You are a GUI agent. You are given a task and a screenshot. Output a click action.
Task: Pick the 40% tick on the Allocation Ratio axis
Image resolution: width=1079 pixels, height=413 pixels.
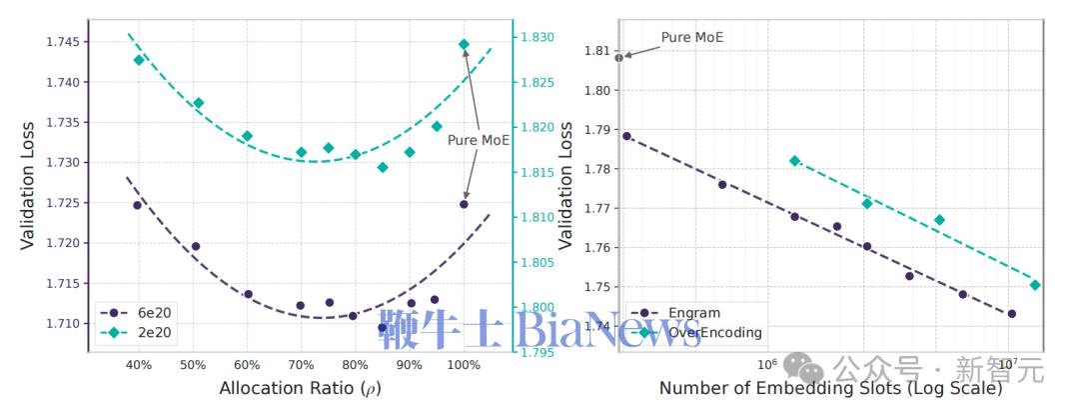(x=138, y=364)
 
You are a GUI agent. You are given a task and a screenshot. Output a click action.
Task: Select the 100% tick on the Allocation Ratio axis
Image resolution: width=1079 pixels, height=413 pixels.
(x=463, y=364)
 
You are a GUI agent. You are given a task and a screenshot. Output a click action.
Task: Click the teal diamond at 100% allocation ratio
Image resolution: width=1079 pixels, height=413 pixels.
(x=464, y=44)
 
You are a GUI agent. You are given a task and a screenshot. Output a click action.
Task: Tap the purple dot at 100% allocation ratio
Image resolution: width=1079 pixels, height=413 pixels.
(x=464, y=204)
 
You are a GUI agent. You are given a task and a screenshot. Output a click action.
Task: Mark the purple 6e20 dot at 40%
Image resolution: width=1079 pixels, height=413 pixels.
(x=138, y=205)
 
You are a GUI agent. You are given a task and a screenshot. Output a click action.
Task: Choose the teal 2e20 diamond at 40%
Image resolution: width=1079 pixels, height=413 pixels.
(x=139, y=60)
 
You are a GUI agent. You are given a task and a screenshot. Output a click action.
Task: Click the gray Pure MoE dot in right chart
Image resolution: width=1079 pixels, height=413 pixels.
(x=619, y=58)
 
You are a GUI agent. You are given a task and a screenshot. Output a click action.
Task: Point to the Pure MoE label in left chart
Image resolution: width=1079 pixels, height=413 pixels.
(x=478, y=140)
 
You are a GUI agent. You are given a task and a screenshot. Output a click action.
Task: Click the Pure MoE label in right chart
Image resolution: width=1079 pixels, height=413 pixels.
(x=692, y=38)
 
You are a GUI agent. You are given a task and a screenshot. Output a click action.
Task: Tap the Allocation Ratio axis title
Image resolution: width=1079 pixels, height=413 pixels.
(x=300, y=387)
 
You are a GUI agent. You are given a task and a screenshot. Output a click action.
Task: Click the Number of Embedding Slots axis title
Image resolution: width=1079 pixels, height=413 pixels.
(x=830, y=388)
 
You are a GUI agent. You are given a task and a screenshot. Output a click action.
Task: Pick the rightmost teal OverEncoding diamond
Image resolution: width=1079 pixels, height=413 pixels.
(x=1035, y=285)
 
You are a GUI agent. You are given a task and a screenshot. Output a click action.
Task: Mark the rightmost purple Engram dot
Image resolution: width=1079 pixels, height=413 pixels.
(x=1011, y=314)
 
